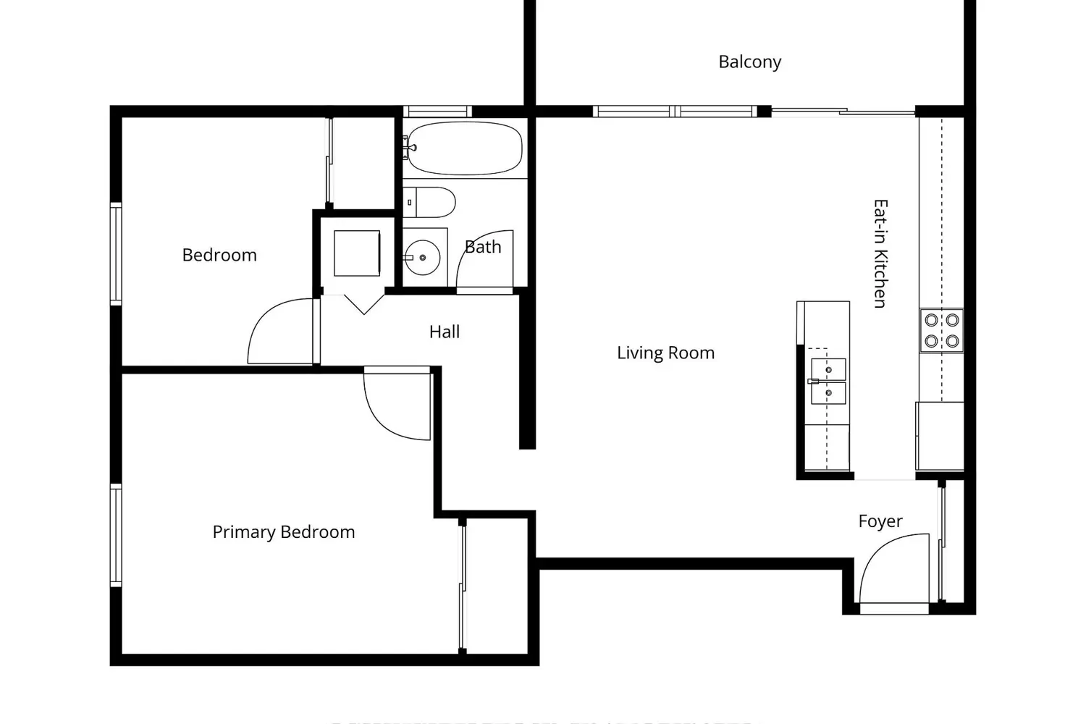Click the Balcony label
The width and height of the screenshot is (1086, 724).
(x=749, y=62)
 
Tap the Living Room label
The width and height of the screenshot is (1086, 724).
(x=665, y=353)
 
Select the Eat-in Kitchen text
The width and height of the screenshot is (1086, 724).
(x=880, y=253)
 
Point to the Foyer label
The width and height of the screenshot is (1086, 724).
(x=880, y=521)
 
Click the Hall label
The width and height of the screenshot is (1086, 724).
(x=444, y=332)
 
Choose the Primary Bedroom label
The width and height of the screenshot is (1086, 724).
(x=283, y=532)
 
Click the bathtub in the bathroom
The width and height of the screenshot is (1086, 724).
(x=463, y=148)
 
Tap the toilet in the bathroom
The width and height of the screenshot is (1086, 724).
(x=429, y=203)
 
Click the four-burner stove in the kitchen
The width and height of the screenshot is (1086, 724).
(x=942, y=330)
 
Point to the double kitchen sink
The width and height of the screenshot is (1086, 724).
(x=828, y=381)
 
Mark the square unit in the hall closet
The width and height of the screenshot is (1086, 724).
(x=356, y=253)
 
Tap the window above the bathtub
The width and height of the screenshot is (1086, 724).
(x=437, y=111)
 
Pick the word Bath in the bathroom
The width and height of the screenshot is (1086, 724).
(x=483, y=248)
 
